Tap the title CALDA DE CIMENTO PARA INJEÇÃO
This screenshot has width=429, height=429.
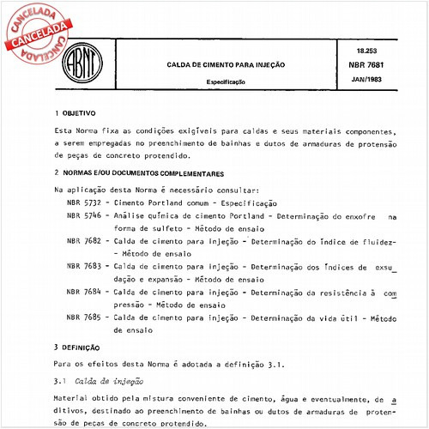(215, 64)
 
